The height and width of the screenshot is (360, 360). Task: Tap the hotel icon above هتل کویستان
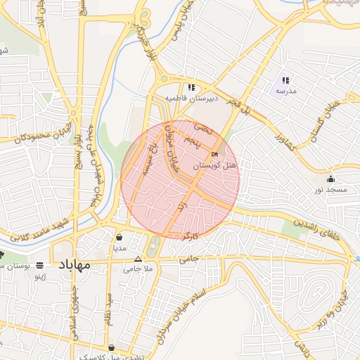[214, 155]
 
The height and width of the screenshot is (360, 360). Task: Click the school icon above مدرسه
[285, 80]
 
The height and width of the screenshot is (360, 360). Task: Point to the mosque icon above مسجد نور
[330, 179]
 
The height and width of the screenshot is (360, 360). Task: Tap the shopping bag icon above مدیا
[119, 237]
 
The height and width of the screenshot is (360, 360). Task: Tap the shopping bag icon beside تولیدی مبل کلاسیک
[112, 347]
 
